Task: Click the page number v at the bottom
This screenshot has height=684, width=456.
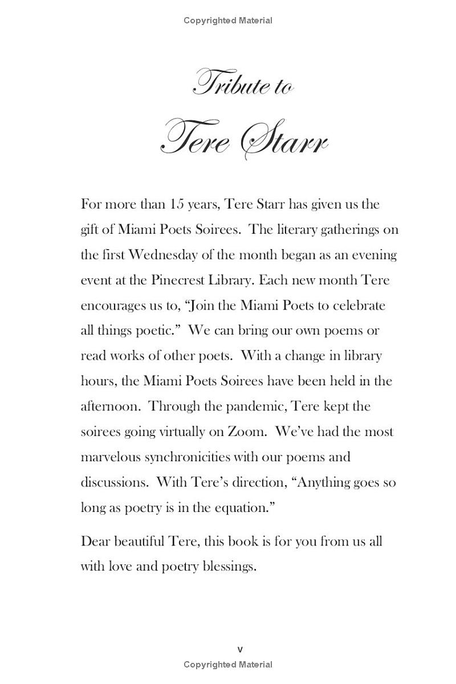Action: [239, 649]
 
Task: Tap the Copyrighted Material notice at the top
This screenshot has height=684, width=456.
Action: [228, 21]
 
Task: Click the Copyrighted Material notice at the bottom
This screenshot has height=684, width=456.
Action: [228, 665]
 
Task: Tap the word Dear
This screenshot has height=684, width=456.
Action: [95, 541]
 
